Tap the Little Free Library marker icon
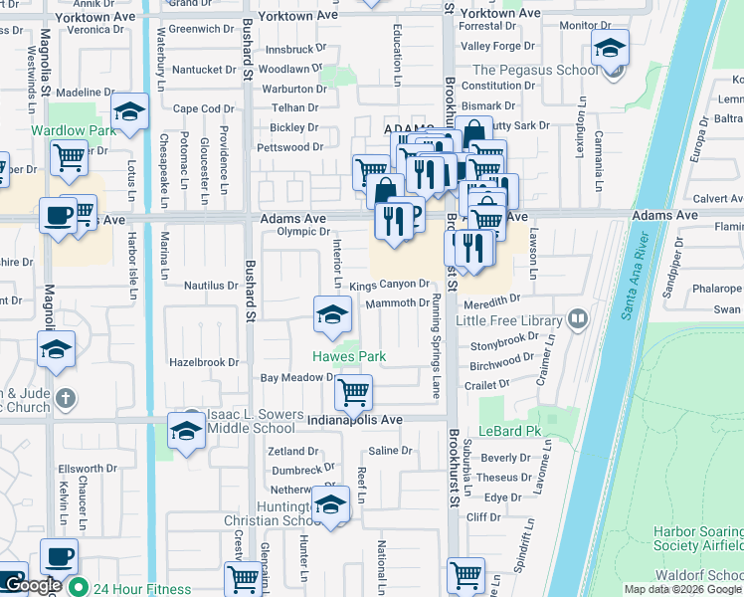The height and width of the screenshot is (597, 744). point(577,319)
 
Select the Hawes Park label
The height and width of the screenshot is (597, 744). point(349,356)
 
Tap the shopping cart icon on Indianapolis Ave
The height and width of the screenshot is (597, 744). point(353,393)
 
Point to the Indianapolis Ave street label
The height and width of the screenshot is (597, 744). point(354,421)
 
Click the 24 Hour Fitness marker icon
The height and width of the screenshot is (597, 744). point(76,588)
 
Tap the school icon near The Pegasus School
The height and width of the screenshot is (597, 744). point(610,48)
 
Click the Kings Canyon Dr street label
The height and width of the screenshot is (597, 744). point(389,286)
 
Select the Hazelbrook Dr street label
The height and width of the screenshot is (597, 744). point(205,363)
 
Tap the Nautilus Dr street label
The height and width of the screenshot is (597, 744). point(211,286)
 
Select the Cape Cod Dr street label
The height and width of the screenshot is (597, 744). point(203,109)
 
